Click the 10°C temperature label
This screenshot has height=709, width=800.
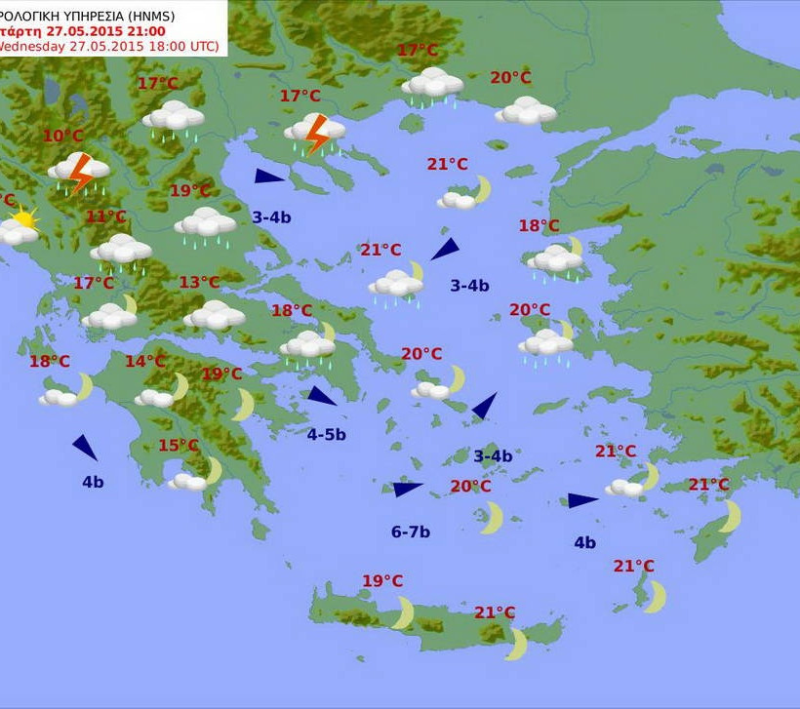pos(62,136)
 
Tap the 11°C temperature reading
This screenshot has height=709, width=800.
pos(105,217)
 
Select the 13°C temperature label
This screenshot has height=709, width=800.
pos(199,283)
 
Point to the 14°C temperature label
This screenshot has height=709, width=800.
pos(145,362)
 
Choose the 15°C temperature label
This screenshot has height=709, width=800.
pos(179,446)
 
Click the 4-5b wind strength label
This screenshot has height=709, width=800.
pos(326,435)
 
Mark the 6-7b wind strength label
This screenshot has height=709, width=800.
pos(411,532)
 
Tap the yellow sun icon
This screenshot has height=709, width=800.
pos(24,218)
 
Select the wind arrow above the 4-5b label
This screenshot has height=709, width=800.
pos(321,396)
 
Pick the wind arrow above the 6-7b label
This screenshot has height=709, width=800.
pos(407,489)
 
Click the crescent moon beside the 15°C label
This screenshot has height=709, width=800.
pos(214,470)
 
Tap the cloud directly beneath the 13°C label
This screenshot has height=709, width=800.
pos(214,315)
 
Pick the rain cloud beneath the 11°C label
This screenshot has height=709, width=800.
pos(122,251)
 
